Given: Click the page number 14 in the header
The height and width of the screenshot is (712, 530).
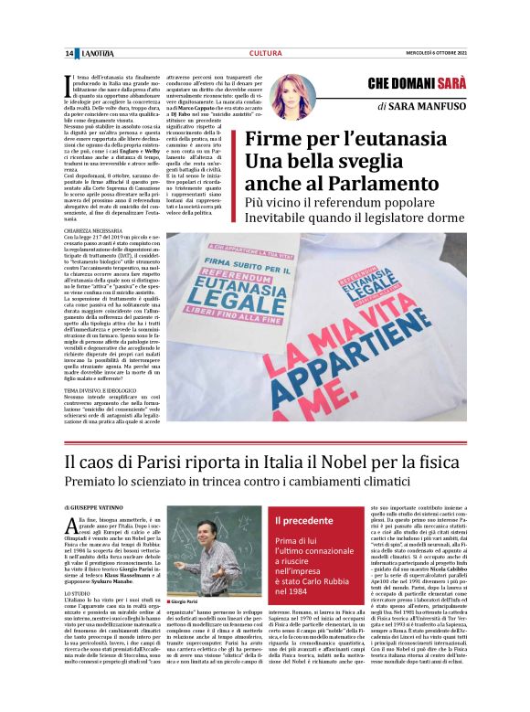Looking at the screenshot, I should click(x=69, y=54).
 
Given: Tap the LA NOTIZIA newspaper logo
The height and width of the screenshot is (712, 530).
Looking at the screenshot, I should click(x=96, y=54).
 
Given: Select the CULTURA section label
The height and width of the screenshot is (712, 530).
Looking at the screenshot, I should click(x=265, y=54).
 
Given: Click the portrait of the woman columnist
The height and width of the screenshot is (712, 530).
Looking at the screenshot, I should click(x=292, y=97).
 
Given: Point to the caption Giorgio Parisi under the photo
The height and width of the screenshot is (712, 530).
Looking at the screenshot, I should click(x=188, y=603).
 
